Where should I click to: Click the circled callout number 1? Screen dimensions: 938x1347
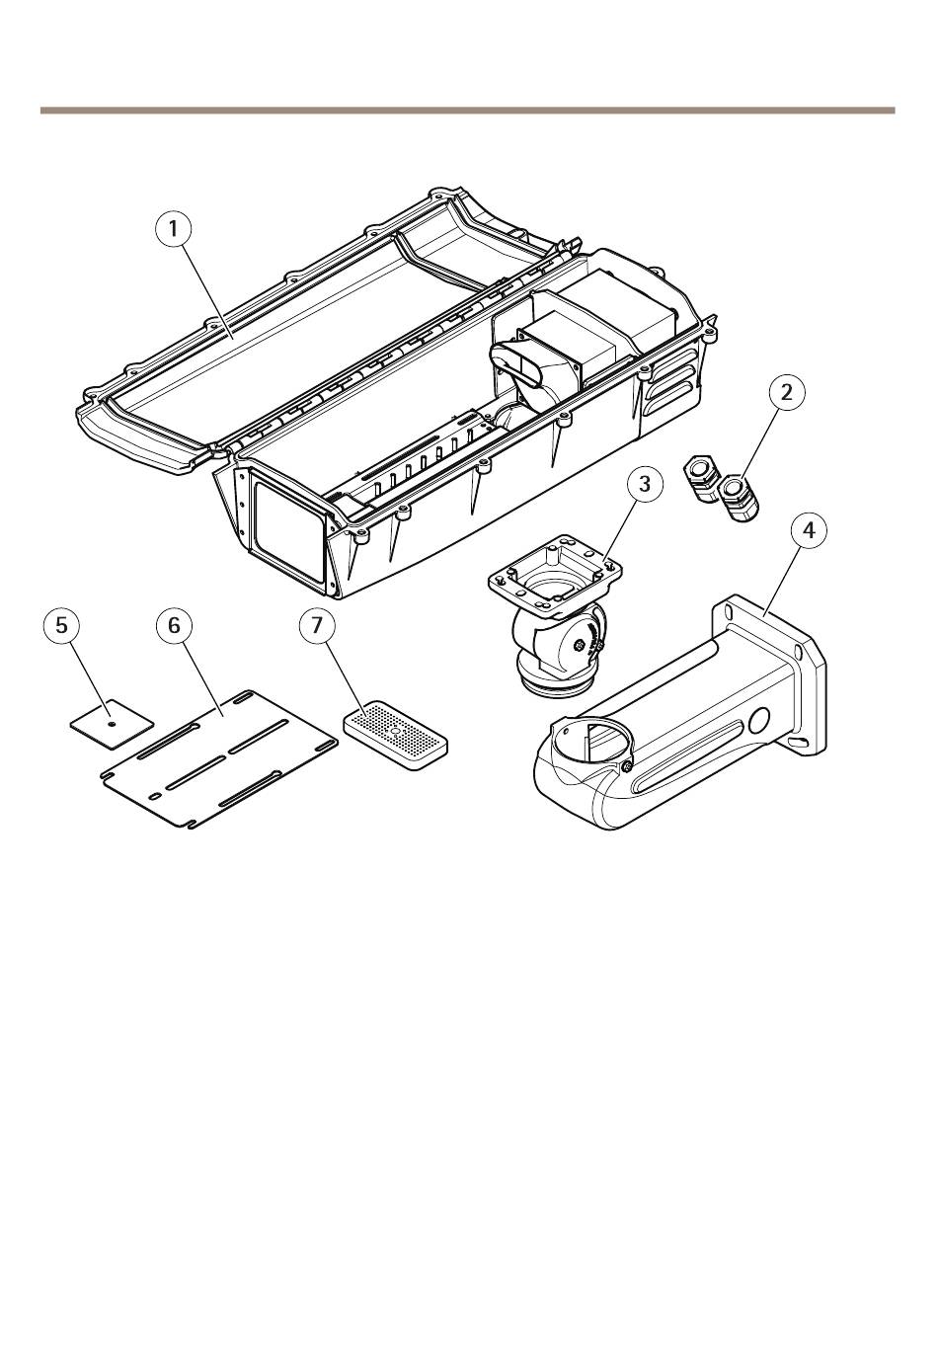point(174,228)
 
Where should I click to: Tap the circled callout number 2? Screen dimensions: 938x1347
point(787,393)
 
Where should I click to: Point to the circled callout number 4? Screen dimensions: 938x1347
point(809,530)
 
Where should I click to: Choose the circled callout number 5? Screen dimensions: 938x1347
point(62,625)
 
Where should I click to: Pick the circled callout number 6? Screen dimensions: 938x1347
point(174,625)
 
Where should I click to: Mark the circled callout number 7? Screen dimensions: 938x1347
point(317,625)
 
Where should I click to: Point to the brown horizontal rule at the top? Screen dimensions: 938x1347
point(467,110)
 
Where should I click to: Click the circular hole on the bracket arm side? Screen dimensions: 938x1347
point(760,720)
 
